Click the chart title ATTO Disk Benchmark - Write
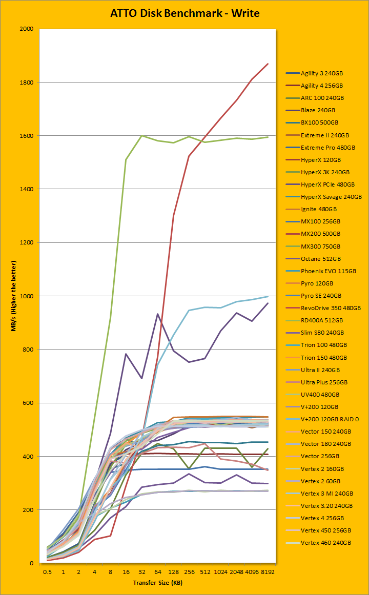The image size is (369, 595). tap(184, 13)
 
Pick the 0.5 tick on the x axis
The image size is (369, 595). tap(47, 572)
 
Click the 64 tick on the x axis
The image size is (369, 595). tap(157, 572)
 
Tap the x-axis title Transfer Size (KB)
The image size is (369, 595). tap(157, 583)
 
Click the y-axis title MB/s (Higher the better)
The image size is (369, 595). tap(15, 296)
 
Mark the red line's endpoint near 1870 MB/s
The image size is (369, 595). tap(268, 64)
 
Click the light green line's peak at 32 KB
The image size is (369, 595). tap(141, 136)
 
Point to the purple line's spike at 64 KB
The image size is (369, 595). tap(157, 314)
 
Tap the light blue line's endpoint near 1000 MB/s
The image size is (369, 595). tap(268, 296)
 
